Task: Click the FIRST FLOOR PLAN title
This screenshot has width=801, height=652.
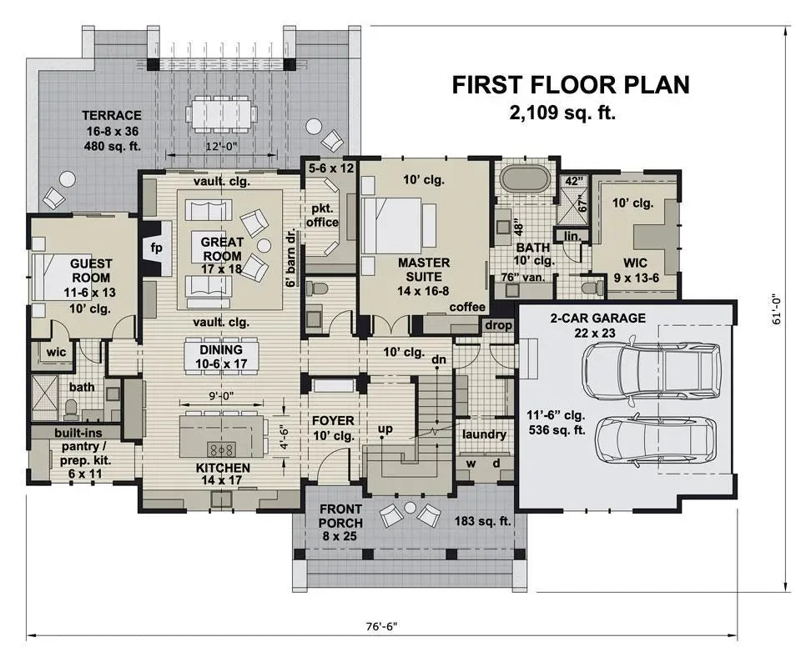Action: click(571, 84)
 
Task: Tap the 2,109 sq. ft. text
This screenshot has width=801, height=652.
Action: click(562, 113)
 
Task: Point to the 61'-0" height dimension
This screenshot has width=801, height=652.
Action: click(775, 308)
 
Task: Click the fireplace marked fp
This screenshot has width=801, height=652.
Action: click(156, 249)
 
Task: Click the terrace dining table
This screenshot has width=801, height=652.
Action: click(221, 112)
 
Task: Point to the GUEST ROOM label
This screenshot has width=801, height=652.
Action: click(91, 271)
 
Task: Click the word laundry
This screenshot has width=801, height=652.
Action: click(484, 434)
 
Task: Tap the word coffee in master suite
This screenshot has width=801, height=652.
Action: click(467, 307)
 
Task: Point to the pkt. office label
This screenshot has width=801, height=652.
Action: click(321, 215)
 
